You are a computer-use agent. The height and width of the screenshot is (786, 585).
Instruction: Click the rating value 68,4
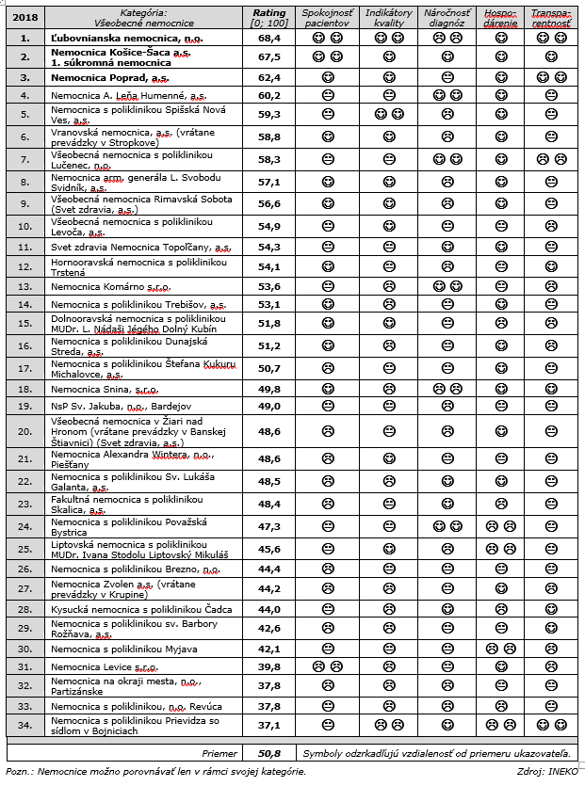coord(269,38)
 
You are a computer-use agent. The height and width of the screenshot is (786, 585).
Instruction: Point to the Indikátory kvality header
coord(388,18)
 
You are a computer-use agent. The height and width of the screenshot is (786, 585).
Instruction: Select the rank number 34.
coord(24,726)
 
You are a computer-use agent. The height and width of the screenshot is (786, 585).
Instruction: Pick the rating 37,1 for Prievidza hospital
coord(269,726)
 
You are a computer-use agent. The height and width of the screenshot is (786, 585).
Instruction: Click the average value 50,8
coord(269,754)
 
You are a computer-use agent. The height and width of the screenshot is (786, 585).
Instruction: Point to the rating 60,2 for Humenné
coord(269,95)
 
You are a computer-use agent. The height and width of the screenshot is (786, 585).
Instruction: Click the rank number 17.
coord(24,367)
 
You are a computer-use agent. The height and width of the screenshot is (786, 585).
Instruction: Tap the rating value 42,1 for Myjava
coord(269,648)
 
